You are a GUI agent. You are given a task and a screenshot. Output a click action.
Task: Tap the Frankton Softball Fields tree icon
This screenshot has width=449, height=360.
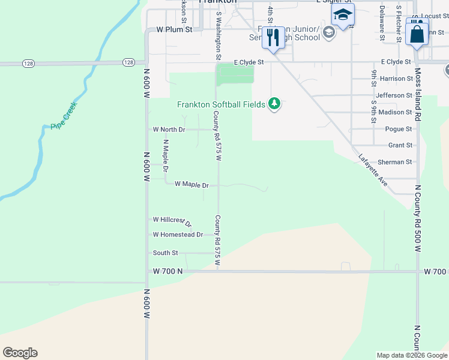[x=274, y=104]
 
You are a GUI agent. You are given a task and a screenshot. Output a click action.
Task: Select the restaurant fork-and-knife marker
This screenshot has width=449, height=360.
[x=273, y=37]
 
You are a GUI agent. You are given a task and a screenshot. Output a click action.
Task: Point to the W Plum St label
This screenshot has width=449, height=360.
[x=173, y=29]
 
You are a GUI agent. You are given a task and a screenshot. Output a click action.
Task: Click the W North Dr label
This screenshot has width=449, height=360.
[x=169, y=129]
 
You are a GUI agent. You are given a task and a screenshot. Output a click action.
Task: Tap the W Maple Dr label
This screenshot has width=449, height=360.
[x=191, y=184]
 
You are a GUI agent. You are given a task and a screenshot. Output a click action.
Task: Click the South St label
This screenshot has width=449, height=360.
[x=165, y=253]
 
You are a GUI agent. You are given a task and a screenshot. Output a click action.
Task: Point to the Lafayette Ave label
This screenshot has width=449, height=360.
[x=373, y=170]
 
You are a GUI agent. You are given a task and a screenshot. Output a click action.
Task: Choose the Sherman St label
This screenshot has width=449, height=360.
[x=395, y=162]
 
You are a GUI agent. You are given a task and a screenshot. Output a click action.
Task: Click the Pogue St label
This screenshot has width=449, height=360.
[x=399, y=129]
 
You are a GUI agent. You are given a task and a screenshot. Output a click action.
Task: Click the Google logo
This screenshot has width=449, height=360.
[x=20, y=353]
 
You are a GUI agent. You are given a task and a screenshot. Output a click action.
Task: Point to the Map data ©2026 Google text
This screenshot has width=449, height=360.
[x=411, y=355]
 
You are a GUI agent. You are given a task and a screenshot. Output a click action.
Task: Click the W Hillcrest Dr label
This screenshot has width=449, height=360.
[x=172, y=221]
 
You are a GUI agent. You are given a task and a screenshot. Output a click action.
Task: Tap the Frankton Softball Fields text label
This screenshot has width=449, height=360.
[x=221, y=104]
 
